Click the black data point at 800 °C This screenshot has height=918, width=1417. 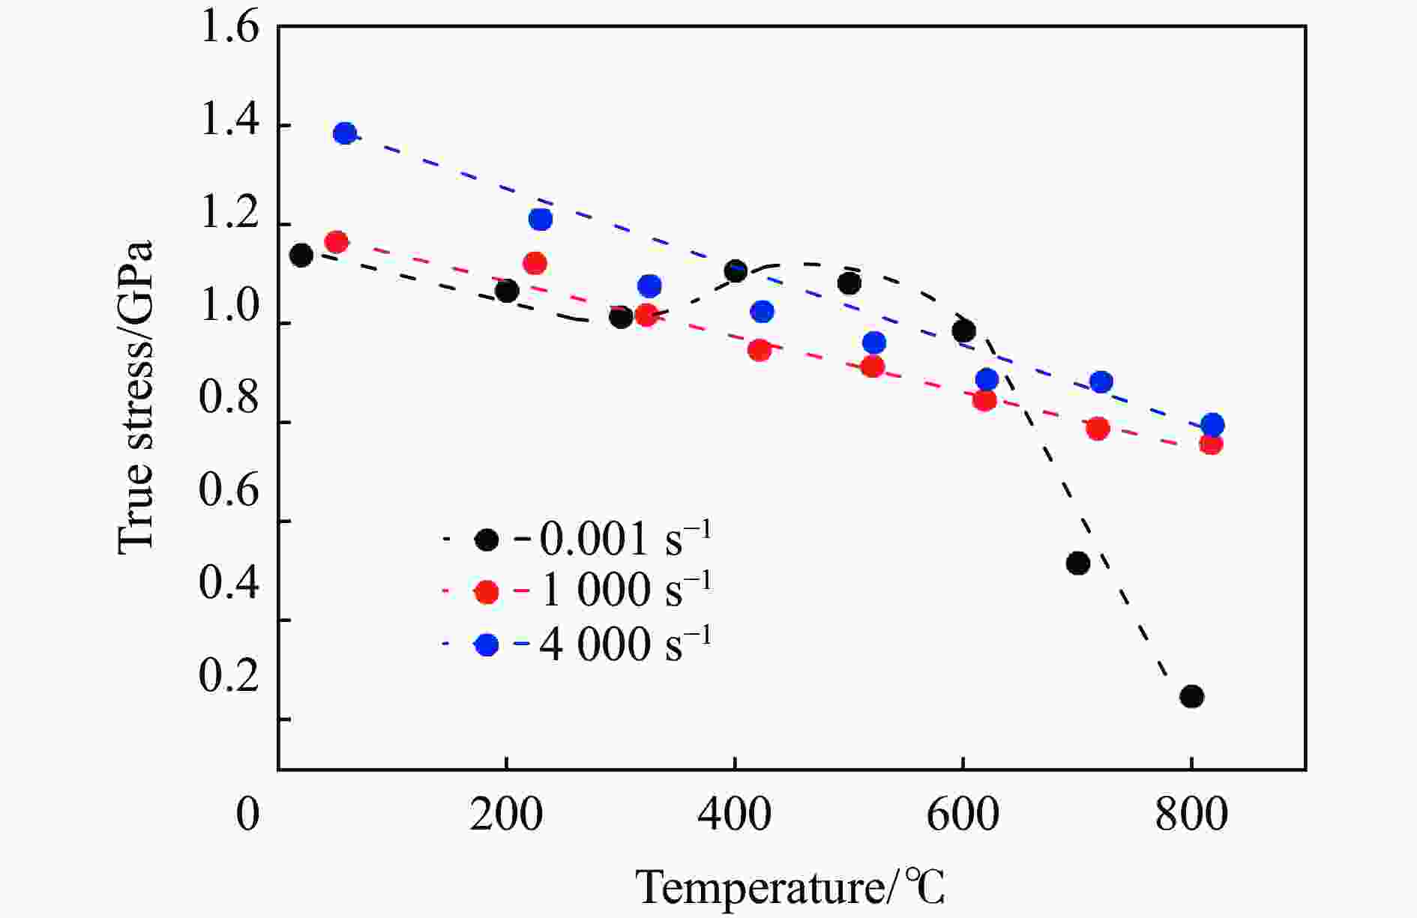point(1191,696)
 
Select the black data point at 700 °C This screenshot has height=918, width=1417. point(1077,563)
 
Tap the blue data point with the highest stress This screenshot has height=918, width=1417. point(345,133)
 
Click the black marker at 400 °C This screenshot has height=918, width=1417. point(735,271)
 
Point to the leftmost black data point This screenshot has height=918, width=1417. point(301,255)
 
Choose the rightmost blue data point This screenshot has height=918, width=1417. point(1212,425)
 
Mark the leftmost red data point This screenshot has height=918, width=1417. point(337,242)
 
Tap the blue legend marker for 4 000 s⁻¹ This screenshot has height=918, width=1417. point(487,644)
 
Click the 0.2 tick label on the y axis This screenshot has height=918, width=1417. point(229,676)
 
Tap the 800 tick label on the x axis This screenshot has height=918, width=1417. point(1191,815)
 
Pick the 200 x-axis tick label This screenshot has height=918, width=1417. point(506,815)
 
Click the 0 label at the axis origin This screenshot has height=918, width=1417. point(248,815)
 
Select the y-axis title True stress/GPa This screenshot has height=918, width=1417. point(136,398)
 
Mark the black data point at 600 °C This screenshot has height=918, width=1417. point(963,330)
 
